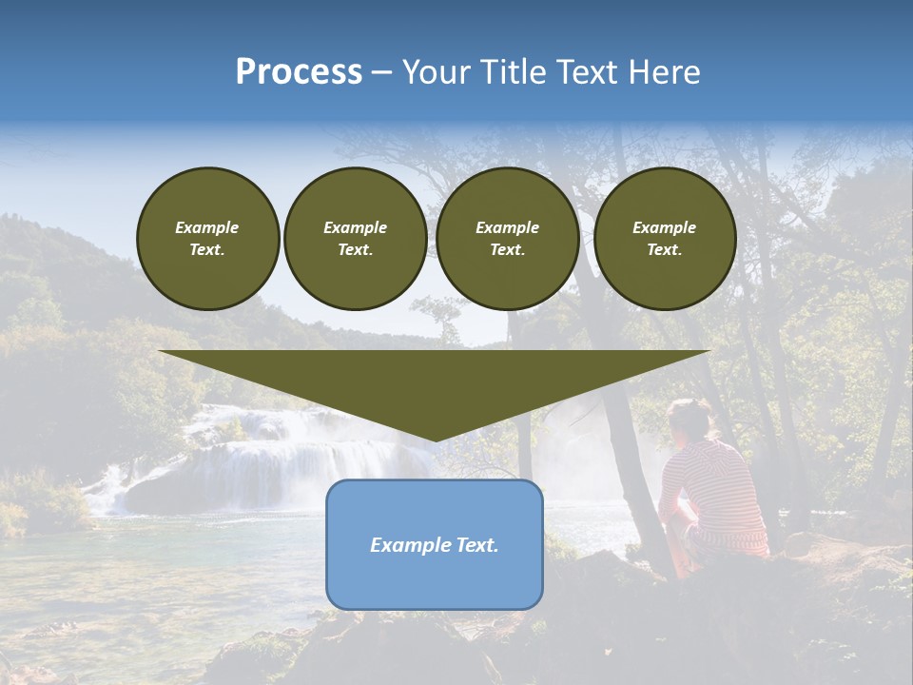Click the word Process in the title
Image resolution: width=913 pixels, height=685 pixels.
299,72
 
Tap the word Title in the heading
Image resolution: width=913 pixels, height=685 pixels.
507,72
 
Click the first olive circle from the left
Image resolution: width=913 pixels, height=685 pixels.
207,239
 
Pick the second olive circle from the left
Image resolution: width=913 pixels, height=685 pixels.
356,239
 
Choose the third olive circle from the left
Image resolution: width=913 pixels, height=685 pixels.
508,239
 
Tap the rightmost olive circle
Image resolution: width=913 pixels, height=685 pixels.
665,239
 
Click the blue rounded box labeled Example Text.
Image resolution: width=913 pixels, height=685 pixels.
435,545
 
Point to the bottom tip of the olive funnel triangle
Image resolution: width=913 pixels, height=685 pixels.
435,440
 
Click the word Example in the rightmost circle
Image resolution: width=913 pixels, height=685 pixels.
665,228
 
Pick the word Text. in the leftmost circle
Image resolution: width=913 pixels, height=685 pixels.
207,250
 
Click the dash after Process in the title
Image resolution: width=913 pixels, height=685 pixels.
382,72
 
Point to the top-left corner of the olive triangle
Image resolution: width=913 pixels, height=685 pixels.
160,351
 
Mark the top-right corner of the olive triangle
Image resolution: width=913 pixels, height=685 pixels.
709,351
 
